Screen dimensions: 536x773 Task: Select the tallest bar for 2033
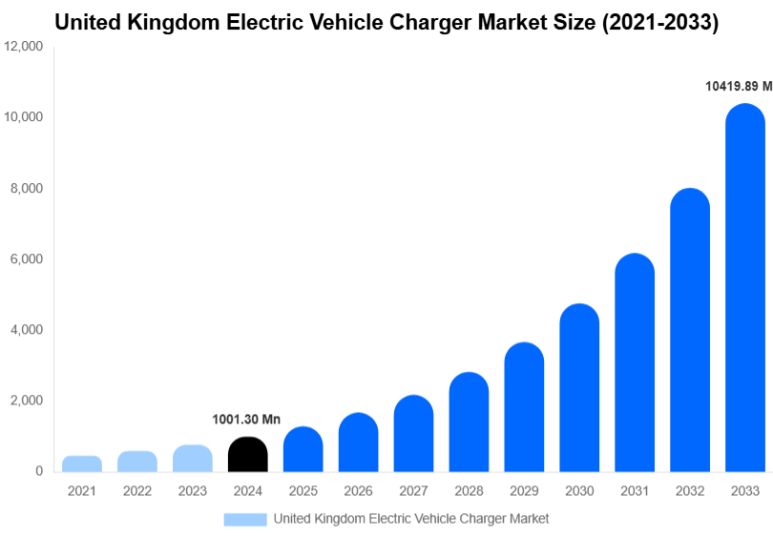(745, 287)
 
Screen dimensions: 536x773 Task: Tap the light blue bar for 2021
(82, 464)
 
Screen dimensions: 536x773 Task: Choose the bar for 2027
(413, 433)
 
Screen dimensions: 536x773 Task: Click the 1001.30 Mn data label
(246, 420)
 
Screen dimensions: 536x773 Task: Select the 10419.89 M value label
(738, 86)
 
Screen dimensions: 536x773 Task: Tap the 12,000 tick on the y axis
(24, 47)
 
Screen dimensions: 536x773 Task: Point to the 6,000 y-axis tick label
(27, 259)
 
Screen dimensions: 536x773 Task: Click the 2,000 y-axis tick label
(27, 401)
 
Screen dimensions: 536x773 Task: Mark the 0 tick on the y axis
(38, 471)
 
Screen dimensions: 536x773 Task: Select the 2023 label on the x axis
(193, 490)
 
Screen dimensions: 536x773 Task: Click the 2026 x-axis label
(359, 490)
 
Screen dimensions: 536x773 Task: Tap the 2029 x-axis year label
(524, 490)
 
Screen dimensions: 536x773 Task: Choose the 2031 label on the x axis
(635, 490)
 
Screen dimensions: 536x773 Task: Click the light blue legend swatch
(245, 519)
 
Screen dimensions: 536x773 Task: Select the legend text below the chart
(410, 519)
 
